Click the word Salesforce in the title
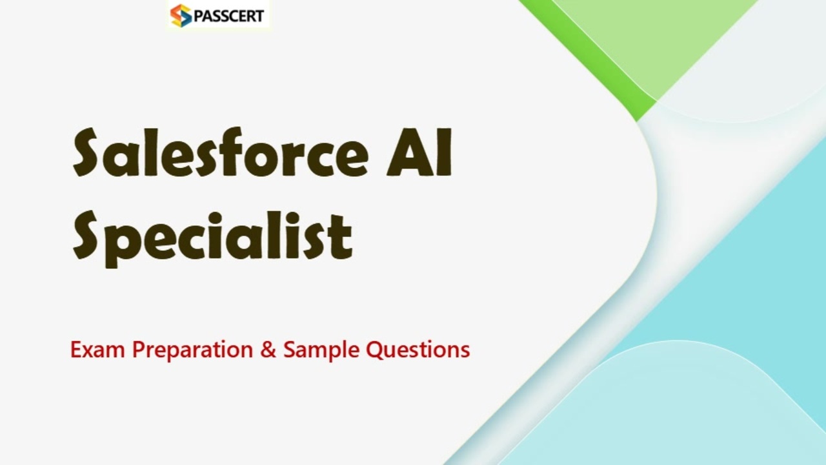(220, 153)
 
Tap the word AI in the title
(419, 153)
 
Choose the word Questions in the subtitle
(418, 349)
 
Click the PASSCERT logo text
(228, 15)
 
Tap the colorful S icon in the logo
(181, 15)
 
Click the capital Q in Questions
(374, 350)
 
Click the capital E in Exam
(76, 349)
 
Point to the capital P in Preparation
(138, 349)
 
